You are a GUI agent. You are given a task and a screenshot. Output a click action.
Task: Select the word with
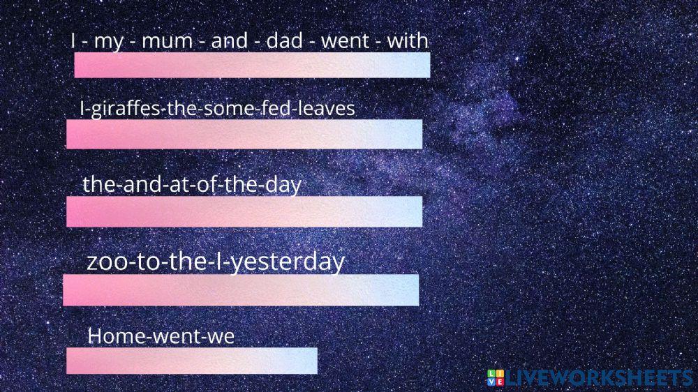(408, 41)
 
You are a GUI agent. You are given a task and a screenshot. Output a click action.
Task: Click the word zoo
(105, 262)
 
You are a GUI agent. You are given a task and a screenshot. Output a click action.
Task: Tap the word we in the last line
(221, 336)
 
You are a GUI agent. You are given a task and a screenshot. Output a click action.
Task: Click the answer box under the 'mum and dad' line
(252, 65)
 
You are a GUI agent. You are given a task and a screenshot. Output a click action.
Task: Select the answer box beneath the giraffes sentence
(244, 134)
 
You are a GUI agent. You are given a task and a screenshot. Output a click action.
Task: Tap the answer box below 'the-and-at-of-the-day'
(244, 211)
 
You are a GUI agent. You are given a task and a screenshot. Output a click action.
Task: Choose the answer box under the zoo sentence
(241, 290)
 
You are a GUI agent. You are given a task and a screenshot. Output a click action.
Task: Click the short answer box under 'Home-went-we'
(192, 361)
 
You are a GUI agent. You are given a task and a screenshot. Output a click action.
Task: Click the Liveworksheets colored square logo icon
(496, 378)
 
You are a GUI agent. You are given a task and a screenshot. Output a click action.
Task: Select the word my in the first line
(108, 42)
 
